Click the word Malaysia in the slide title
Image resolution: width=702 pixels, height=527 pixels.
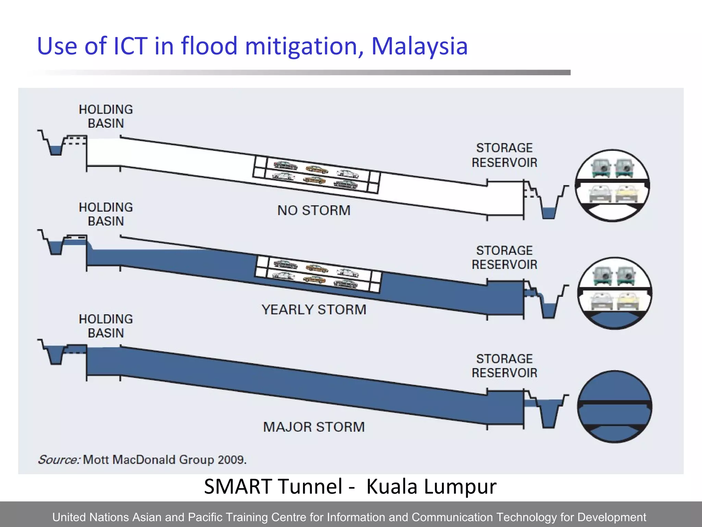click(x=419, y=46)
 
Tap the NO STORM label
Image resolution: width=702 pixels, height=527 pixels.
click(x=314, y=210)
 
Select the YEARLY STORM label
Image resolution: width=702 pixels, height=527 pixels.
click(x=314, y=309)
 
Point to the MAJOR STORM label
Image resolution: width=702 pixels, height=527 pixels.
click(x=314, y=427)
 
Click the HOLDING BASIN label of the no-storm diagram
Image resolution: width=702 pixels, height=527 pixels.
click(x=106, y=116)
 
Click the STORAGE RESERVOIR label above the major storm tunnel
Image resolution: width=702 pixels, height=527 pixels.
click(x=504, y=366)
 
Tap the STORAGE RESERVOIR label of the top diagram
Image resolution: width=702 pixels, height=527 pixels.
click(x=504, y=155)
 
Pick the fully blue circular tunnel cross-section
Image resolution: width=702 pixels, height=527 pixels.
click(x=615, y=407)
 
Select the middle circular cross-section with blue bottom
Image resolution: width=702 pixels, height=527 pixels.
click(x=615, y=293)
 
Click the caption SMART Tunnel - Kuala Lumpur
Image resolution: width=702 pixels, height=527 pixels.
click(x=350, y=486)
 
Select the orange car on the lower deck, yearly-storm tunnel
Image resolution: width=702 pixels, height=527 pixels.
click(x=314, y=279)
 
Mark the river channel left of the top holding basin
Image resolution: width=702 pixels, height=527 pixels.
click(x=55, y=148)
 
